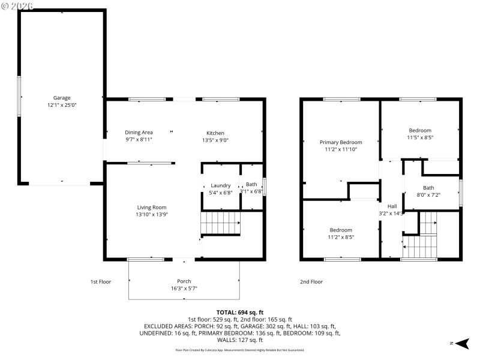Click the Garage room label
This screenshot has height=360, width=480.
pyautogui.click(x=62, y=98)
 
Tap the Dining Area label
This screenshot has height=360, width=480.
pyautogui.click(x=139, y=133)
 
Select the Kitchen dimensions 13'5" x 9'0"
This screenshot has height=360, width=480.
pyautogui.click(x=215, y=140)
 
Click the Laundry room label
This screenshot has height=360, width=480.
pyautogui.click(x=221, y=185)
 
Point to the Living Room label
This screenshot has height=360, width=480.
pyautogui.click(x=151, y=207)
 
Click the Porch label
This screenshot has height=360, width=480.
pyautogui.click(x=184, y=281)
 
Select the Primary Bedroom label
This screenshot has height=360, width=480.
pyautogui.click(x=341, y=142)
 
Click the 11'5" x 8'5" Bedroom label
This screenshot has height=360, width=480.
pyautogui.click(x=420, y=130)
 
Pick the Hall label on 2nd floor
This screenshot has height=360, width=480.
pyautogui.click(x=391, y=206)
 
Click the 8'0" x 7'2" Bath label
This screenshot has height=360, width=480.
pyautogui.click(x=428, y=188)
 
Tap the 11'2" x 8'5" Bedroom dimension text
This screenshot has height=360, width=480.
pyautogui.click(x=341, y=237)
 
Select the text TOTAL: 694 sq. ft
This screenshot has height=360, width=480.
pyautogui.click(x=239, y=313)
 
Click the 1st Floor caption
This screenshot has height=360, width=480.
pyautogui.click(x=101, y=281)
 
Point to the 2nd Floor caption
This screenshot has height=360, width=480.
pyautogui.click(x=311, y=281)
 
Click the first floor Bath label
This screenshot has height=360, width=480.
pyautogui.click(x=251, y=185)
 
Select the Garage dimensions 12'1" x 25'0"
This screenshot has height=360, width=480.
pyautogui.click(x=62, y=105)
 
